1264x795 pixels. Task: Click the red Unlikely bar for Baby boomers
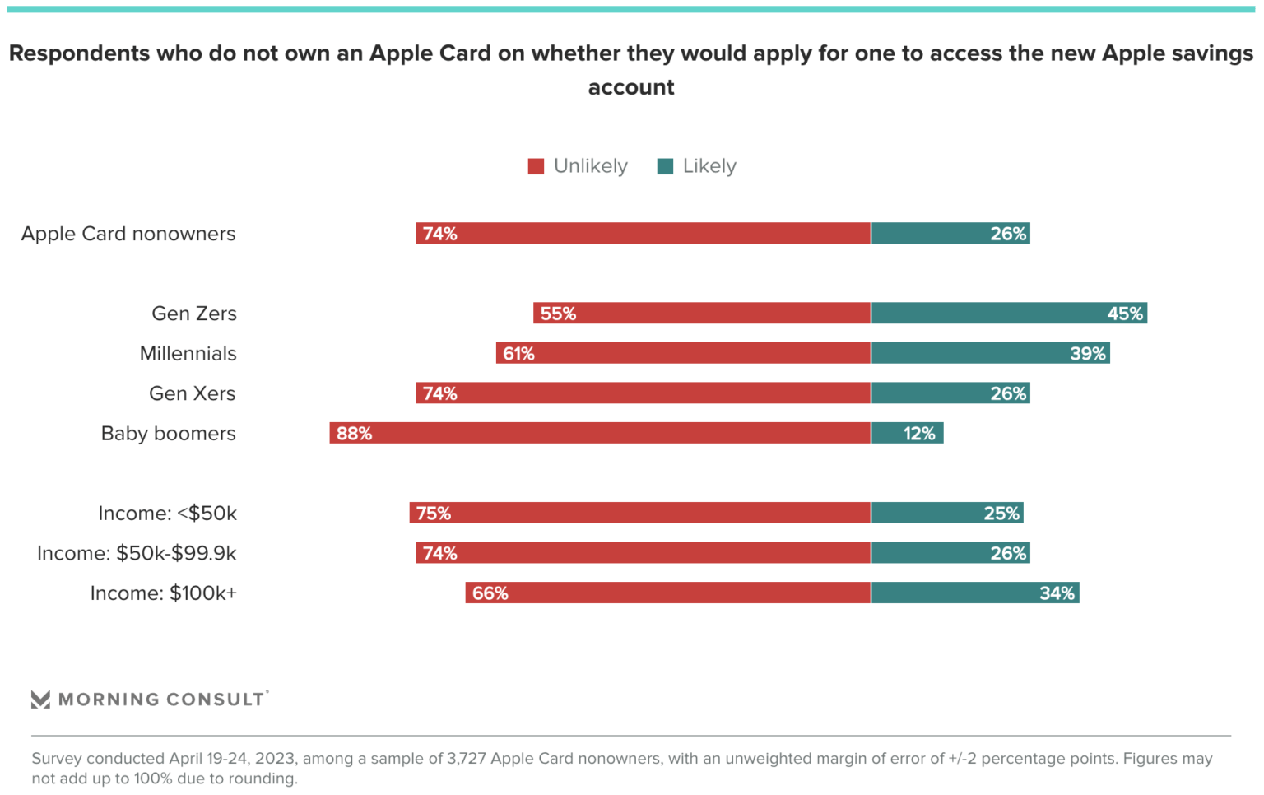(x=601, y=433)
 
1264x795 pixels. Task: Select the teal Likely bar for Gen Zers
(x=1009, y=314)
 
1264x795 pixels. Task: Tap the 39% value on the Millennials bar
(x=1087, y=354)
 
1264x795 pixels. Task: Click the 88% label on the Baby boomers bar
(x=354, y=434)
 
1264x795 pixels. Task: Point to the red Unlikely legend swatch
(x=536, y=166)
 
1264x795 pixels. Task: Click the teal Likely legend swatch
(x=665, y=166)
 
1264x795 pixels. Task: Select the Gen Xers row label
(x=192, y=393)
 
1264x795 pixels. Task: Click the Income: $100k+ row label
(x=163, y=593)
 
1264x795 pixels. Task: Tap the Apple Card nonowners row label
(x=128, y=234)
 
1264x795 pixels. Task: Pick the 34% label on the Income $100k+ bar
(x=1057, y=593)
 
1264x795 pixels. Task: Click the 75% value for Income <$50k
(x=433, y=514)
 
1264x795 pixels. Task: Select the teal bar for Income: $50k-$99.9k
(x=950, y=553)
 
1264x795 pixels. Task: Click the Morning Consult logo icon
(x=40, y=700)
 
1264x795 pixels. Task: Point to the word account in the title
(x=631, y=87)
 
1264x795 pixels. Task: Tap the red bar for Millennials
(x=683, y=354)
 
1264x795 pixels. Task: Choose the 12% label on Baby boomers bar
(x=918, y=434)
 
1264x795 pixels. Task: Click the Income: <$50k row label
(x=167, y=514)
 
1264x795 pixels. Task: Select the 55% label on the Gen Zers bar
(x=558, y=314)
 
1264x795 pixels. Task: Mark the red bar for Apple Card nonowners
(x=644, y=234)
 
